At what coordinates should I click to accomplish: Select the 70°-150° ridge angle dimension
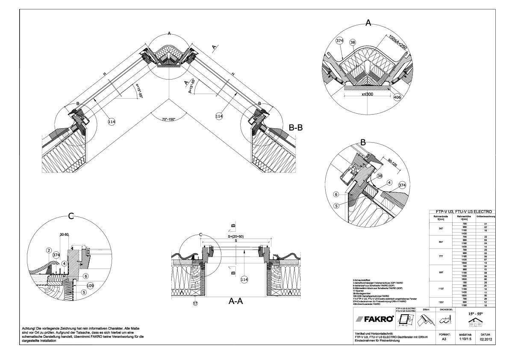coord(169,119)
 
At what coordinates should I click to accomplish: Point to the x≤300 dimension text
coord(366,94)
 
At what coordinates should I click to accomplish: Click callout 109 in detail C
coord(90,286)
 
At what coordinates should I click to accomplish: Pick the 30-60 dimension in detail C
coord(65,234)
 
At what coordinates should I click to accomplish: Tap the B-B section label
coord(297,127)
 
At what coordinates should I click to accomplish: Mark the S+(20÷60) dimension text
coord(235,236)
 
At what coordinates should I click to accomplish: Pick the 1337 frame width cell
coord(441,302)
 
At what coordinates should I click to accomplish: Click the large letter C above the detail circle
coord(71,217)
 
